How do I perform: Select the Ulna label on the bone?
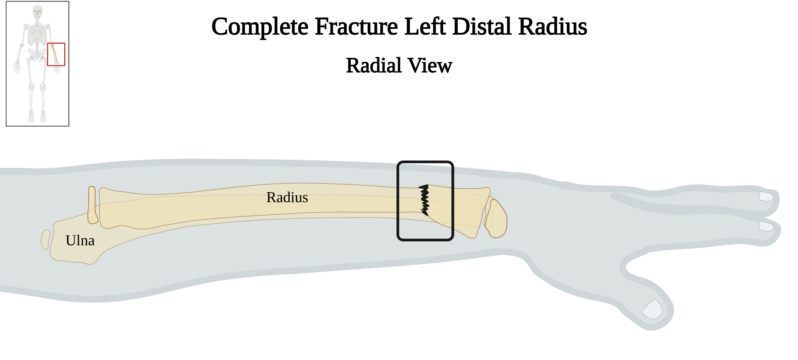point(80,240)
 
